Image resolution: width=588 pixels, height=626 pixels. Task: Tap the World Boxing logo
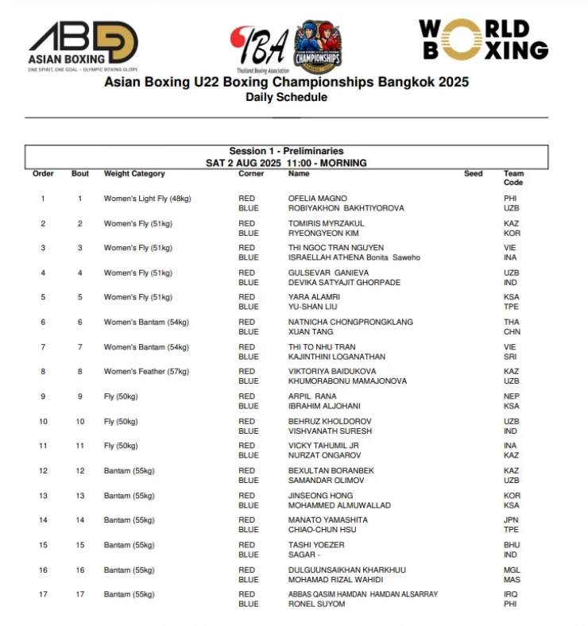[x=483, y=40]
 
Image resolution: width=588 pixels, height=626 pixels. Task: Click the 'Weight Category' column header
[x=134, y=173]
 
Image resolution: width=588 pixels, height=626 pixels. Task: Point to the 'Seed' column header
[x=473, y=173]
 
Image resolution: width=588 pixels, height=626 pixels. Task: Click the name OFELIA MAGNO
[x=317, y=199]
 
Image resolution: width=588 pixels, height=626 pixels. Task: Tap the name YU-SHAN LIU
[x=312, y=307]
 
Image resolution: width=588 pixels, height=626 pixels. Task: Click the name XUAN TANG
[x=310, y=331]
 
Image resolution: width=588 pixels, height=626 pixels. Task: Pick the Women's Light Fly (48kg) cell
[x=147, y=199]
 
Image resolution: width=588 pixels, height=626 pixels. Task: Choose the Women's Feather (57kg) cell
[x=145, y=371]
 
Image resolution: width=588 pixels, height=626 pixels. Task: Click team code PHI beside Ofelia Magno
[x=510, y=199]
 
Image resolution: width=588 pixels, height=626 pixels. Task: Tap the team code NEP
[x=511, y=396]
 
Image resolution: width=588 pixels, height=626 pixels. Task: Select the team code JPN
[x=511, y=520]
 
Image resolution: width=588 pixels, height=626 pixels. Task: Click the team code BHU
[x=511, y=545]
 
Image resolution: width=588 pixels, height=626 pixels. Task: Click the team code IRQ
[x=510, y=594]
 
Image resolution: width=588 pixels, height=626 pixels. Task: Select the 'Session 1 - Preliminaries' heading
[x=286, y=151]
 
